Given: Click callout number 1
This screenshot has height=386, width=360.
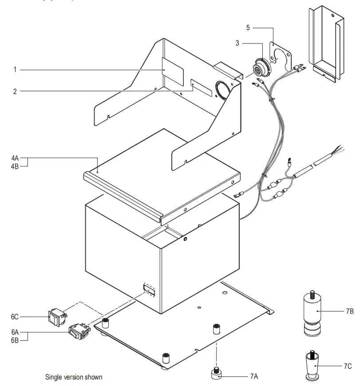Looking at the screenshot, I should click(15, 70).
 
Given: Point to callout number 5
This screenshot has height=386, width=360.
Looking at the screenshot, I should click(249, 28).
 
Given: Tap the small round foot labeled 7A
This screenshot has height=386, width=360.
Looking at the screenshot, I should click(218, 373).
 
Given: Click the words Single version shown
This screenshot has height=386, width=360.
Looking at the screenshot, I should click(74, 377).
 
